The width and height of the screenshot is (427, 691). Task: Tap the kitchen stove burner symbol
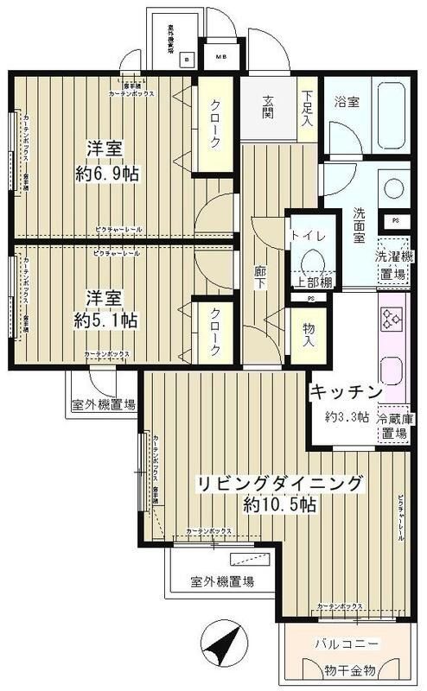(x=392, y=320)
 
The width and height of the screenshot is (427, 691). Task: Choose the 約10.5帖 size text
(x=277, y=504)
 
